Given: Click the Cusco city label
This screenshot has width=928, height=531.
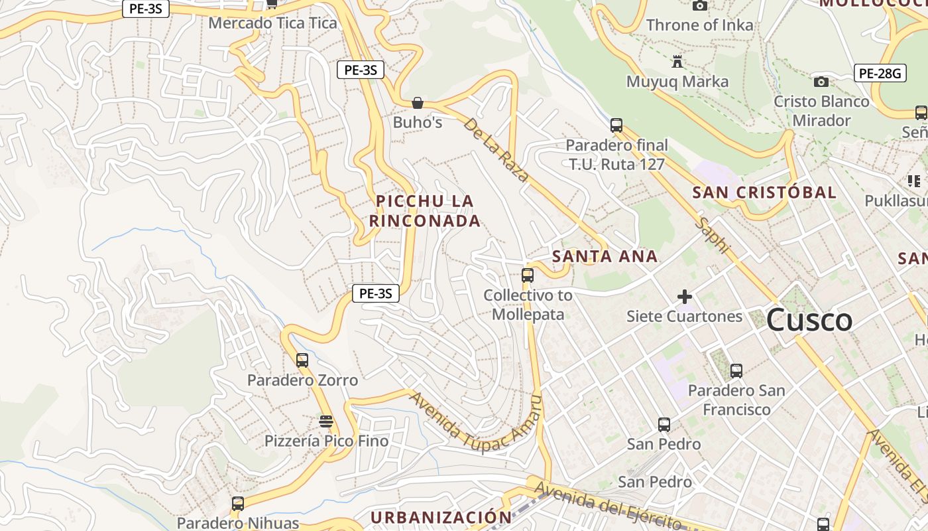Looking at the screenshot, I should pyautogui.click(x=809, y=321).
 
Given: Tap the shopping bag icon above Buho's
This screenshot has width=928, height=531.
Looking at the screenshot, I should pyautogui.click(x=418, y=103).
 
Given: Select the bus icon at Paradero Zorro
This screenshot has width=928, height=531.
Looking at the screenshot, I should pyautogui.click(x=302, y=360).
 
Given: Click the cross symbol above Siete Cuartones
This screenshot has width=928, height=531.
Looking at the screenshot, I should pyautogui.click(x=685, y=297).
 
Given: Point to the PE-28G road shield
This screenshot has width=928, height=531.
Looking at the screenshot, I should pyautogui.click(x=879, y=73).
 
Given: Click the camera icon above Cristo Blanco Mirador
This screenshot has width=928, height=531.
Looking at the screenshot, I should pyautogui.click(x=821, y=82).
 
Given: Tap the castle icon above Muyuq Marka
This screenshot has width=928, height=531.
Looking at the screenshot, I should pyautogui.click(x=677, y=62).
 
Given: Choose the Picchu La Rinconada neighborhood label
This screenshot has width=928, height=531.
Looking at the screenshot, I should pyautogui.click(x=424, y=210).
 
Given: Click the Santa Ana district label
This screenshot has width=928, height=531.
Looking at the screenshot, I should pyautogui.click(x=605, y=256).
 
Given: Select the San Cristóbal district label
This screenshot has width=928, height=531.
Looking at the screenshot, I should pyautogui.click(x=764, y=192).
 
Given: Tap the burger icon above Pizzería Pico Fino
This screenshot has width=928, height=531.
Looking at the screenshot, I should pyautogui.click(x=325, y=421).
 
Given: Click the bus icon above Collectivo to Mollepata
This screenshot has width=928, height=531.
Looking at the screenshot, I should pyautogui.click(x=528, y=275).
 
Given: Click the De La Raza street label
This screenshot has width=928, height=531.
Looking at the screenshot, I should pyautogui.click(x=496, y=150).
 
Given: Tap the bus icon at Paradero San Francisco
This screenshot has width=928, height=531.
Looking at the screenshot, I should pyautogui.click(x=736, y=371).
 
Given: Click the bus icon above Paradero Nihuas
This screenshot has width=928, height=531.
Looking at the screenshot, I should pyautogui.click(x=238, y=504).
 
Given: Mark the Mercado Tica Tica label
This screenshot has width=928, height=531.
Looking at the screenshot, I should pyautogui.click(x=272, y=23).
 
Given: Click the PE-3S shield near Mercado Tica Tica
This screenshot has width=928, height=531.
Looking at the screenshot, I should pyautogui.click(x=146, y=9).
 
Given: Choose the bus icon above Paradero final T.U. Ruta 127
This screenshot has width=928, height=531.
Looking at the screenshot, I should pyautogui.click(x=616, y=125).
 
